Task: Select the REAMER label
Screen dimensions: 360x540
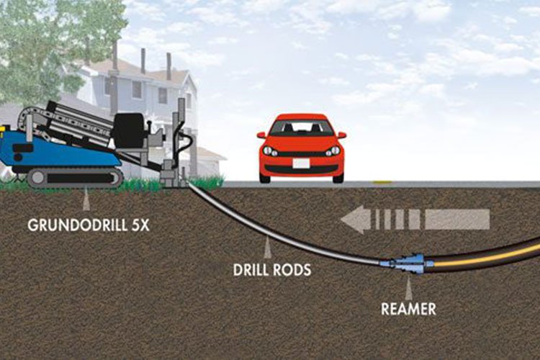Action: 409,310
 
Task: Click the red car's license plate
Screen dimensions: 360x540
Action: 301,163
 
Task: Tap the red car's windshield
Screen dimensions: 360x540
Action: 301,127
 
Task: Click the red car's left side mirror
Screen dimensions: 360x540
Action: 261,135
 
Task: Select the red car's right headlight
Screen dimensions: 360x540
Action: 332,151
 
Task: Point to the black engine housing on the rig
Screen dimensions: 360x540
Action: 130,127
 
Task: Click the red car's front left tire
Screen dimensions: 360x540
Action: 265,175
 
